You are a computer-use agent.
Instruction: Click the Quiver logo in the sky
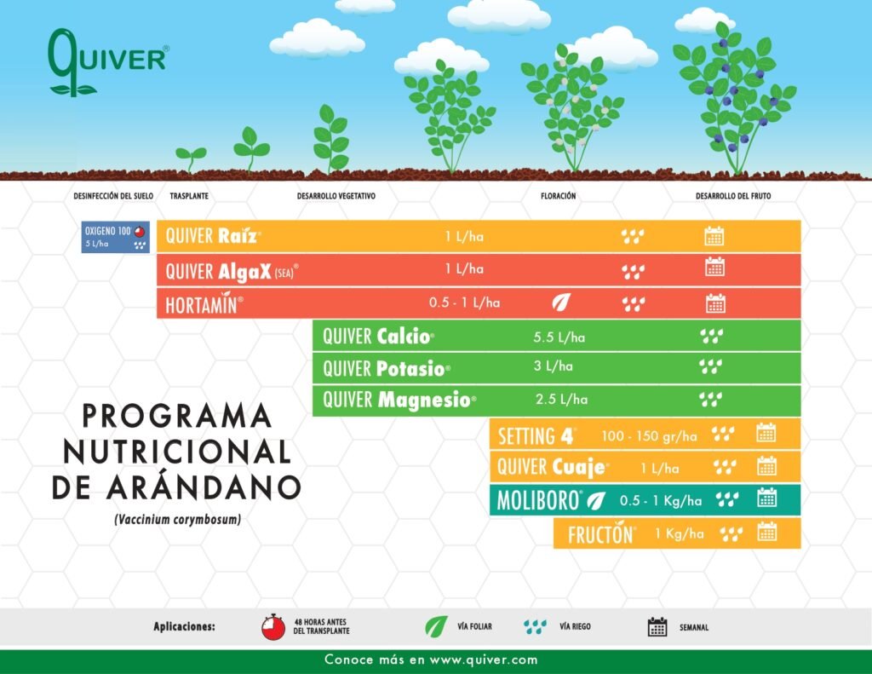click(x=108, y=62)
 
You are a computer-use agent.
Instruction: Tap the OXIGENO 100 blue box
click(x=116, y=237)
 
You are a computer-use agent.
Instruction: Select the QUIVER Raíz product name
click(x=213, y=236)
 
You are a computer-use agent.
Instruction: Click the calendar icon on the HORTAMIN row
click(x=715, y=303)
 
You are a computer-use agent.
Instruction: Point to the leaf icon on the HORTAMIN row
click(x=561, y=302)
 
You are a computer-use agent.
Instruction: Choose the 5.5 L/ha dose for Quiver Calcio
click(x=559, y=337)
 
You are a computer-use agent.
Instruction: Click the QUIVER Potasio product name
click(x=387, y=368)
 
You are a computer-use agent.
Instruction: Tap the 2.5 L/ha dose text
click(x=561, y=399)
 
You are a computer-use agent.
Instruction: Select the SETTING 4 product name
click(x=536, y=436)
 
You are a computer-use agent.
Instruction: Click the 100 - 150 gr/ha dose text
click(x=649, y=435)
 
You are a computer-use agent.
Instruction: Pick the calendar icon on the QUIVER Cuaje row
click(x=766, y=466)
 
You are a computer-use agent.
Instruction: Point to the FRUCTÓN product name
click(x=601, y=534)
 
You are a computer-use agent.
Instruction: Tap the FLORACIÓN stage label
click(x=559, y=196)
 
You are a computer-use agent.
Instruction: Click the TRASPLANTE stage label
click(x=189, y=196)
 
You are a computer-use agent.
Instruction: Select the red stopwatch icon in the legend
click(x=273, y=627)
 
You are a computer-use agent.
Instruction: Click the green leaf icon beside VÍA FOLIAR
click(x=437, y=626)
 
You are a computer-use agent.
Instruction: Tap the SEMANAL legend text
click(x=694, y=627)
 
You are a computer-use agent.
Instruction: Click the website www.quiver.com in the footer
click(x=484, y=660)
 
